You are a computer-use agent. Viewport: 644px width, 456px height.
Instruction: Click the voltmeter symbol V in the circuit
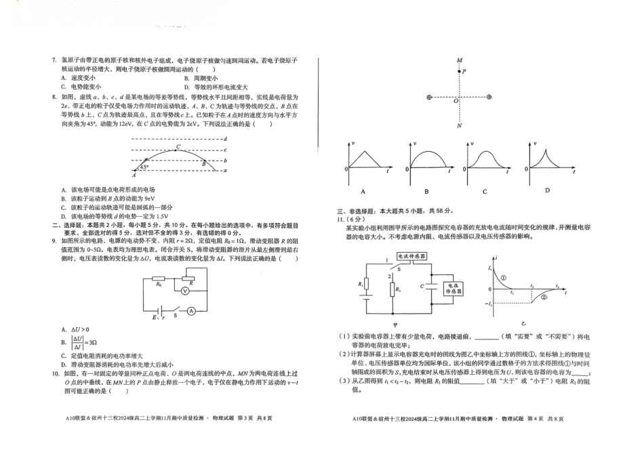click(183, 288)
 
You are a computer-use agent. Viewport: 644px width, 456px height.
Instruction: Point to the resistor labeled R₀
click(158, 278)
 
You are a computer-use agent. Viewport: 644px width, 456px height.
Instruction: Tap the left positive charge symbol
click(429, 98)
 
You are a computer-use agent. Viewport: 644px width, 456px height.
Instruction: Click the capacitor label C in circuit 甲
click(422, 287)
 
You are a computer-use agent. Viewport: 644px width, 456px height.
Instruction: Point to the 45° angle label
click(144, 166)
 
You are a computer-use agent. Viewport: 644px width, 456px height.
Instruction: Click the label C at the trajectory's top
click(178, 147)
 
